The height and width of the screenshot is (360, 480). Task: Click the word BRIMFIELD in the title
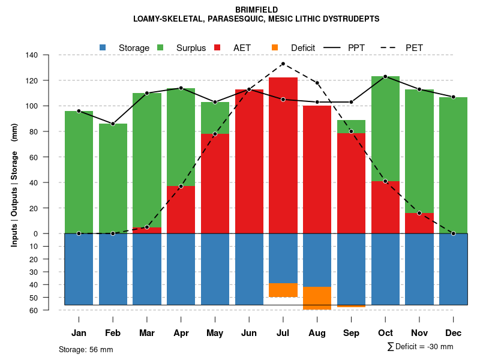tap(256, 10)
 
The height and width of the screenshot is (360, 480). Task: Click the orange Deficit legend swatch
tap(275, 47)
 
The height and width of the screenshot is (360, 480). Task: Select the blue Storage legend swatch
tap(103, 47)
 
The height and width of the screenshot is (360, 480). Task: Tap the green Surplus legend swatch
tap(160, 47)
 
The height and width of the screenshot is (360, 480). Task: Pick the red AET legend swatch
tap(217, 47)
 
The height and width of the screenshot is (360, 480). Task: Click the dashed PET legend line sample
tap(389, 47)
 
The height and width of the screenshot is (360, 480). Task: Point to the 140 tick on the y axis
tap(31, 55)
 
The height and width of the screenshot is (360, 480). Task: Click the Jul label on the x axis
tap(283, 333)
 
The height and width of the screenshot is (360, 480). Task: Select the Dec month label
tap(453, 333)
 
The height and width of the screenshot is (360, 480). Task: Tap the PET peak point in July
tap(283, 64)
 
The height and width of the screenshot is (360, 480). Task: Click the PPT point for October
tap(385, 76)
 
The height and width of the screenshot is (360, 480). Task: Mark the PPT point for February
tap(113, 124)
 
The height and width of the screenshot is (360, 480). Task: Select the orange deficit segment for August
tap(317, 298)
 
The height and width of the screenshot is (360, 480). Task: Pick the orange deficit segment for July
tap(283, 290)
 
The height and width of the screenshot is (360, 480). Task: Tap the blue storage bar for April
tap(181, 269)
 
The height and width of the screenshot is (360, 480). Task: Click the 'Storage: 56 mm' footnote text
tap(86, 349)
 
